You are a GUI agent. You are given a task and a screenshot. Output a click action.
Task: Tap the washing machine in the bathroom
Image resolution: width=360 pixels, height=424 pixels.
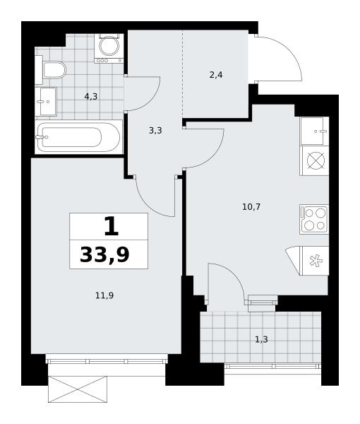(x=109, y=48)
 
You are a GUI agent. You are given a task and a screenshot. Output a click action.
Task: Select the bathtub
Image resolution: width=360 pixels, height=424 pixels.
(x=78, y=137)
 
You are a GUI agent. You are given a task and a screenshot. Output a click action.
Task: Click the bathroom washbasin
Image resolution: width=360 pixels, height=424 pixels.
(x=46, y=101)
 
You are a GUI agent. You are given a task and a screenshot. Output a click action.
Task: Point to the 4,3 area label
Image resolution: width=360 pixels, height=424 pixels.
(x=91, y=96)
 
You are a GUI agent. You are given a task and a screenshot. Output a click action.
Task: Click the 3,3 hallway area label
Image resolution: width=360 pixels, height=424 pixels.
(x=155, y=131)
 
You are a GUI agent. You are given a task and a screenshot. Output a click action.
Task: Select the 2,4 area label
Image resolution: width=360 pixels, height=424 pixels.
(x=216, y=75)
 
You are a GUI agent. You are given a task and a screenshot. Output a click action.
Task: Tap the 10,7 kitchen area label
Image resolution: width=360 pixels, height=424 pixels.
(x=251, y=207)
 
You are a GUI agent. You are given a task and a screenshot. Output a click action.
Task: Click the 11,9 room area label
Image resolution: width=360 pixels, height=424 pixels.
(x=104, y=295)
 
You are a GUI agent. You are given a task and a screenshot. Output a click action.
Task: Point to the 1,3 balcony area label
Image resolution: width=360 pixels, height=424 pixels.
(x=261, y=339)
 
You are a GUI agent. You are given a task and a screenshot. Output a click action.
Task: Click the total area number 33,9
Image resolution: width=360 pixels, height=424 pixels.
(x=104, y=254)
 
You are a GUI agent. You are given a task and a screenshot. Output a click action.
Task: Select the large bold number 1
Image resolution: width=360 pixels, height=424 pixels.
(x=111, y=226)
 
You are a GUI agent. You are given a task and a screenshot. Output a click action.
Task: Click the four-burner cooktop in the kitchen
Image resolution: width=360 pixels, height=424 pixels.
(x=314, y=219)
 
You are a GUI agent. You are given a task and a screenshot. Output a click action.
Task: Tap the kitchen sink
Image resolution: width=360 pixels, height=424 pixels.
(x=314, y=131)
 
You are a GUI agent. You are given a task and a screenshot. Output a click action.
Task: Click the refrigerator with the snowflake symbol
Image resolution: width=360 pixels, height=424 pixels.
(x=314, y=261)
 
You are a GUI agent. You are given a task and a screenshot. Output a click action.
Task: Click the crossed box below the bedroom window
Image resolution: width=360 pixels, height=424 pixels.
(x=78, y=389)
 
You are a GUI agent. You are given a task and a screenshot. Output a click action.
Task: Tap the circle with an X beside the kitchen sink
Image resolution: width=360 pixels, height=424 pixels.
(x=316, y=161)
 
